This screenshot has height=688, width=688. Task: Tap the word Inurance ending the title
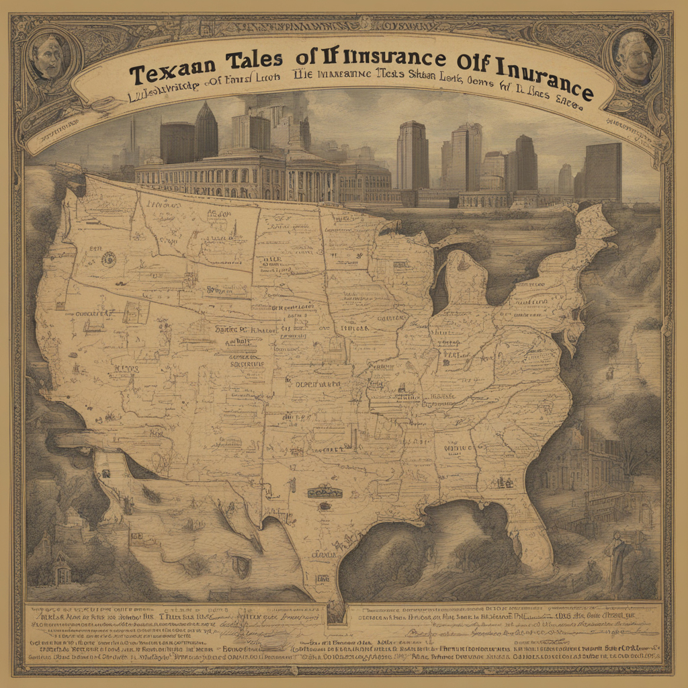tap(544, 81)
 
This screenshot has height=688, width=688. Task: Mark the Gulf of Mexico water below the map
tap(417, 551)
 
